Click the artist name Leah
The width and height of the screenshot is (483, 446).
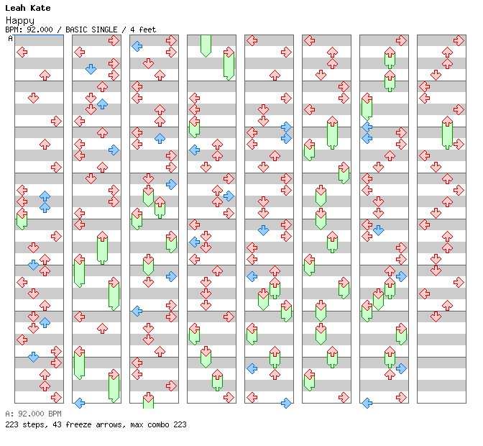point(15,8)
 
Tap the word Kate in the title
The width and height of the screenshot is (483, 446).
point(40,8)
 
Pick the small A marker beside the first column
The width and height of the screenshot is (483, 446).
point(10,38)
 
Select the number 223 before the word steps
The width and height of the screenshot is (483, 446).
point(11,424)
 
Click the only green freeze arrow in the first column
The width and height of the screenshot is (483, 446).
point(22,219)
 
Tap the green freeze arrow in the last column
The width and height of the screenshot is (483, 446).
point(447,134)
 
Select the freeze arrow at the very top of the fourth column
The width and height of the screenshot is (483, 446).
point(206,45)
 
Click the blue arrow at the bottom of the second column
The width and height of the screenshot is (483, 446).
point(79,403)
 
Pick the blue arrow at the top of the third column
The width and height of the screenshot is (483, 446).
point(137,46)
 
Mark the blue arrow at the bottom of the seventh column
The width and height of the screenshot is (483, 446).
point(367,403)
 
